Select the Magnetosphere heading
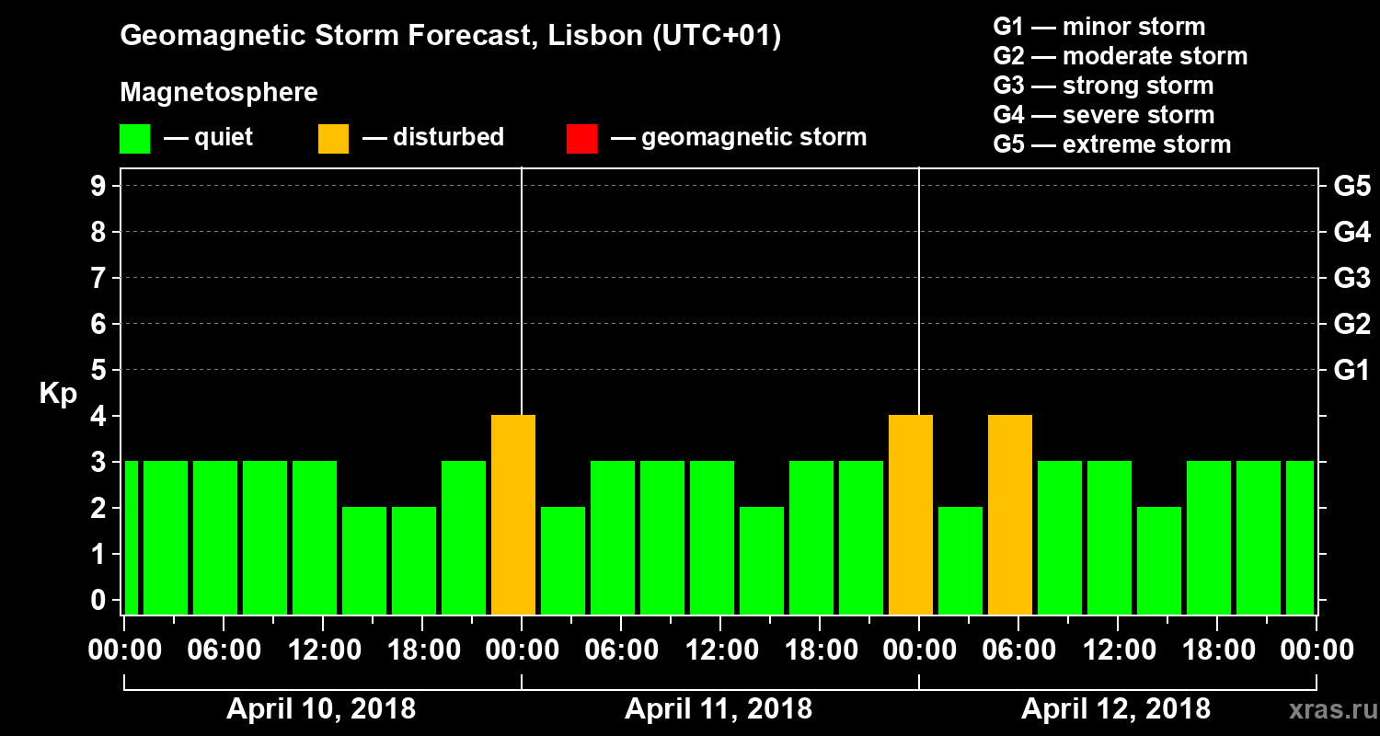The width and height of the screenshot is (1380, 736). [219, 93]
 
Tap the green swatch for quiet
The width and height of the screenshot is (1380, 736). [134, 138]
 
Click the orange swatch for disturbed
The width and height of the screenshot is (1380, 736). [333, 138]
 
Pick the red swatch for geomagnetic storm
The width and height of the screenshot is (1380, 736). [581, 138]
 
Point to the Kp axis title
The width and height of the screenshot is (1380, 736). [58, 393]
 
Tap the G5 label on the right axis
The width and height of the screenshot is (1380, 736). [1351, 186]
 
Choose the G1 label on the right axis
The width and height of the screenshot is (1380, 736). [1351, 371]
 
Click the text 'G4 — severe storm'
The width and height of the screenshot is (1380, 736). [1103, 115]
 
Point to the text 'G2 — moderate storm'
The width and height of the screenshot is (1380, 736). [1120, 56]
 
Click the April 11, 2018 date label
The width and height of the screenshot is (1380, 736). [719, 709]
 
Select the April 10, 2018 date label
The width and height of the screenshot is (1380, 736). [321, 709]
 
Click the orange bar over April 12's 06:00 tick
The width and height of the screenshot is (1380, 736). [1010, 515]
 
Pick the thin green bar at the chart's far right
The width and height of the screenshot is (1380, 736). [1300, 538]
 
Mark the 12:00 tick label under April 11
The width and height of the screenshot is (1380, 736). [719, 650]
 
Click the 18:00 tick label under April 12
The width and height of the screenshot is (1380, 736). [1216, 650]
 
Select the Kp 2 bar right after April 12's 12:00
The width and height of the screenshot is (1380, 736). [1159, 561]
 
